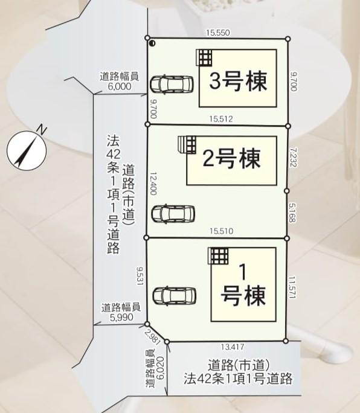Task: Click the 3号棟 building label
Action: coord(238,81)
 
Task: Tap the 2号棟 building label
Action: coord(231,158)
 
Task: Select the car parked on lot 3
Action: coord(172,85)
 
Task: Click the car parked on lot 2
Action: coord(173,214)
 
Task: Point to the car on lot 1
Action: coord(175,295)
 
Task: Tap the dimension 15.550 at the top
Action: coord(218,33)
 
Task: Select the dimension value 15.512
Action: coord(221,119)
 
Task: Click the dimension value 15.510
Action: coord(222,231)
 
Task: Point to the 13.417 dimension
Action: coord(233,347)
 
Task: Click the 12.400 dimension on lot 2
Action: coord(153,184)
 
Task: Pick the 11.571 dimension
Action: coord(292,287)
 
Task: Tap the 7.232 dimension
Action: coord(293,157)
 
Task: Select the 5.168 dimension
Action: coord(292,213)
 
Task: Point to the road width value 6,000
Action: coord(120,86)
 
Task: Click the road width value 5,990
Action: coord(121,317)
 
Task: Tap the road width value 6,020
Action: coord(160,368)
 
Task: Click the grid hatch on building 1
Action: coord(218,256)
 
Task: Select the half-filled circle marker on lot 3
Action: coord(152,43)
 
